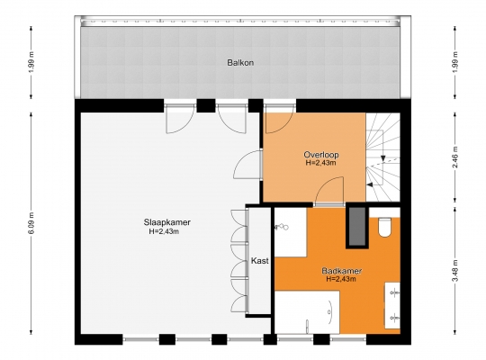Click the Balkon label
point(240,63)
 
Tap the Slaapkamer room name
point(167,222)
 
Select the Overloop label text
point(321,155)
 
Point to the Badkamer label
point(342,271)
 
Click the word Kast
point(260,261)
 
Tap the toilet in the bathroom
point(384,228)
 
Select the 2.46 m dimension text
point(455,157)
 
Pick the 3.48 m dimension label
point(455,271)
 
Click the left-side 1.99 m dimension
point(32,63)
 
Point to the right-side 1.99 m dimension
point(455,63)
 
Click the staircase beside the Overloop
point(382,157)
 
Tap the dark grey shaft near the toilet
point(357,226)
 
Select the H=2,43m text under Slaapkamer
point(164,231)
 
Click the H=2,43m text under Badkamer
point(341,279)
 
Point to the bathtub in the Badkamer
point(307,312)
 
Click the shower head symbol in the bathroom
point(282,227)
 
